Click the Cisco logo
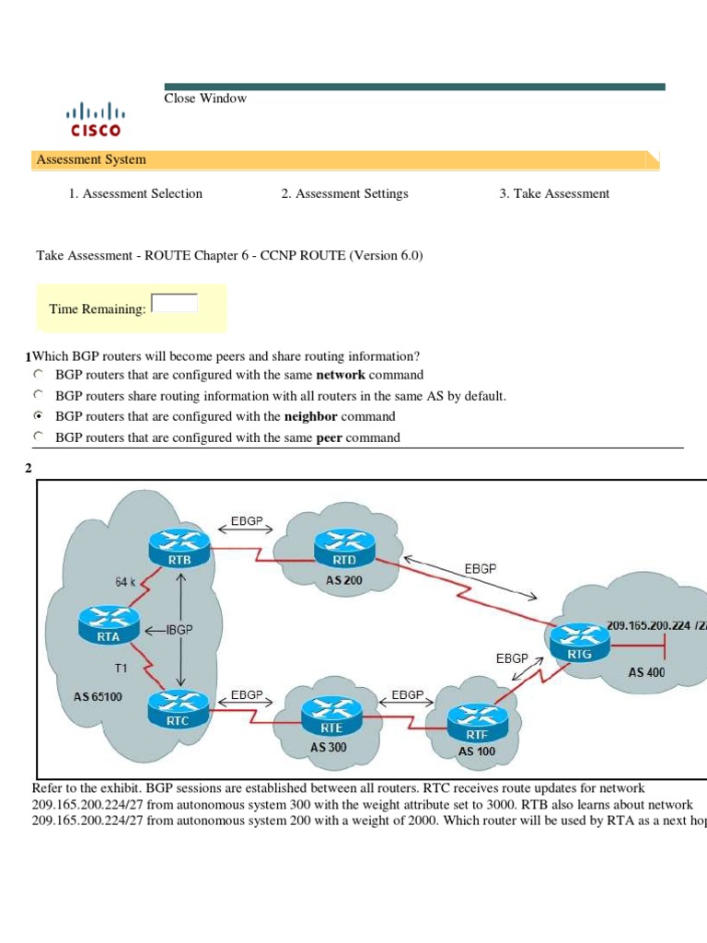96,120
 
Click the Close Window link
205,99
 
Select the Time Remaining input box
174,303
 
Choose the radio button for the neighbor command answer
39,416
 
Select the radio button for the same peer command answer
39,437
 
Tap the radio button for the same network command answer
39,375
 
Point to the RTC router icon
179,709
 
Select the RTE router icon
329,713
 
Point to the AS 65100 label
98,696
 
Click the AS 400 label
646,672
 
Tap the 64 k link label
126,581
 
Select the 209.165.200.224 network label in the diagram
653,626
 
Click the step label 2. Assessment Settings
344,193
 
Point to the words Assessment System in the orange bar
91,159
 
